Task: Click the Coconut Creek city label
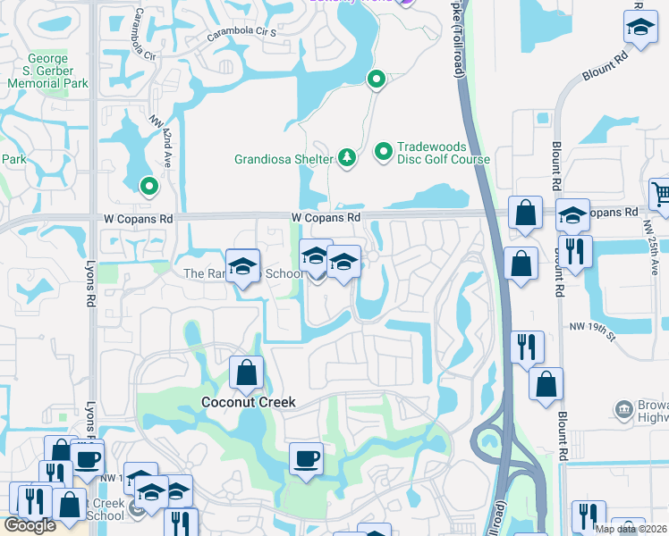[247, 402]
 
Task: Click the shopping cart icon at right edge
[660, 193]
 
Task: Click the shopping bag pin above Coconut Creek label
[246, 373]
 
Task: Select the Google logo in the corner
[30, 526]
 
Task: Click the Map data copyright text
[631, 529]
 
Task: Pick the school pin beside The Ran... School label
[241, 266]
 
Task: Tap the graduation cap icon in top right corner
[639, 29]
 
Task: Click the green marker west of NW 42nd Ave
[148, 187]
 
